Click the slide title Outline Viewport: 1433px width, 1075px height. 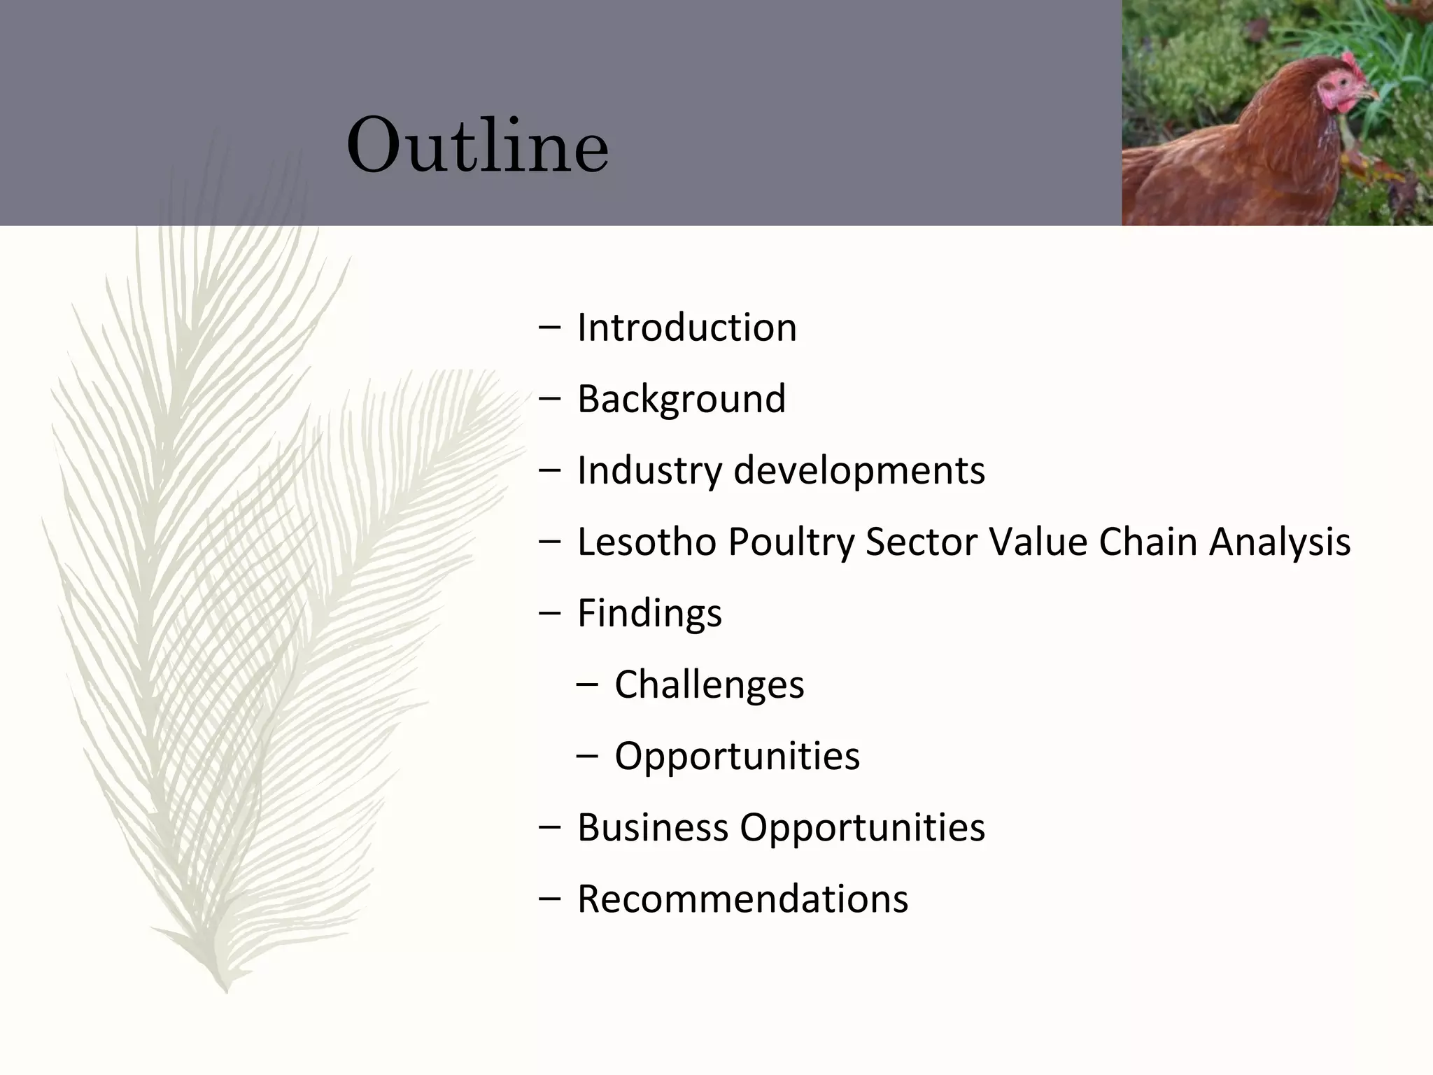point(477,147)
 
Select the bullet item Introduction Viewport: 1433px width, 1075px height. point(686,328)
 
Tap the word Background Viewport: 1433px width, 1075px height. point(681,399)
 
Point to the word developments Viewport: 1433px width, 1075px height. point(859,470)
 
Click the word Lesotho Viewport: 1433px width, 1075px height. point(646,542)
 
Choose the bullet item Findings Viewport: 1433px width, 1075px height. point(649,614)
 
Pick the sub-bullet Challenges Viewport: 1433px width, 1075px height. point(709,684)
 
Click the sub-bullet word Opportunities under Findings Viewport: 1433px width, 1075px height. point(737,757)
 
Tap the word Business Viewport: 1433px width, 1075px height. point(652,827)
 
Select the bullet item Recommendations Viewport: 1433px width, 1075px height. point(742,899)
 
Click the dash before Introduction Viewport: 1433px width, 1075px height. point(550,328)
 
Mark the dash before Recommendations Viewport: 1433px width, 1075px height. point(550,899)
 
